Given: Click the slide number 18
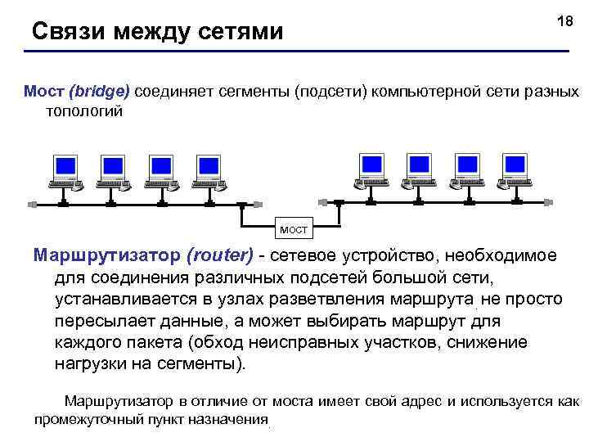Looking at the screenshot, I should tap(565, 22).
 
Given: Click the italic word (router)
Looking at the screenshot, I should tap(221, 255).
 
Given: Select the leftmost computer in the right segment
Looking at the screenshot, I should tap(372, 170).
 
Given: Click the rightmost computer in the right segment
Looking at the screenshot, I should tap(515, 170).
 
